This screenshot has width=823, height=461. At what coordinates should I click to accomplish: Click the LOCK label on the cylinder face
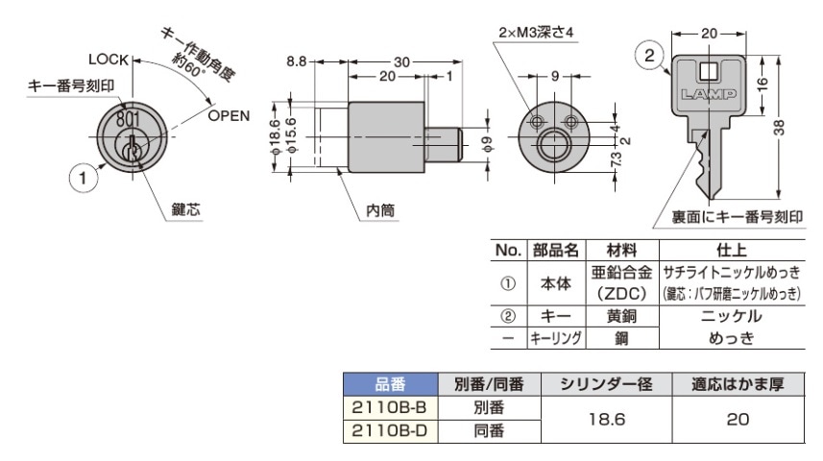click(109, 60)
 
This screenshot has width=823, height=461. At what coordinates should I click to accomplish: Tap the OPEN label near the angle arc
click(229, 115)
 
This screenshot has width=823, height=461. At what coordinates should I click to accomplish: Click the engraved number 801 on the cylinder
click(129, 119)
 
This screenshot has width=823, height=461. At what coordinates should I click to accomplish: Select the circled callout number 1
click(83, 178)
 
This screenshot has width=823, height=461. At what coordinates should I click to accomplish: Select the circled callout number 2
click(649, 55)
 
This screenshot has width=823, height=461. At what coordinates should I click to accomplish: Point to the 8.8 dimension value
click(297, 61)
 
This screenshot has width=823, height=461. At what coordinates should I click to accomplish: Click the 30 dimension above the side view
click(401, 62)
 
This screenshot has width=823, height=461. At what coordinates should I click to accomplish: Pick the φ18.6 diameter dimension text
click(275, 136)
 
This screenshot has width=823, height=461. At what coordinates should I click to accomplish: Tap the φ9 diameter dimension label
click(488, 144)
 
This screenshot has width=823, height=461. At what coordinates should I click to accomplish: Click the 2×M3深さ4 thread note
click(536, 33)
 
